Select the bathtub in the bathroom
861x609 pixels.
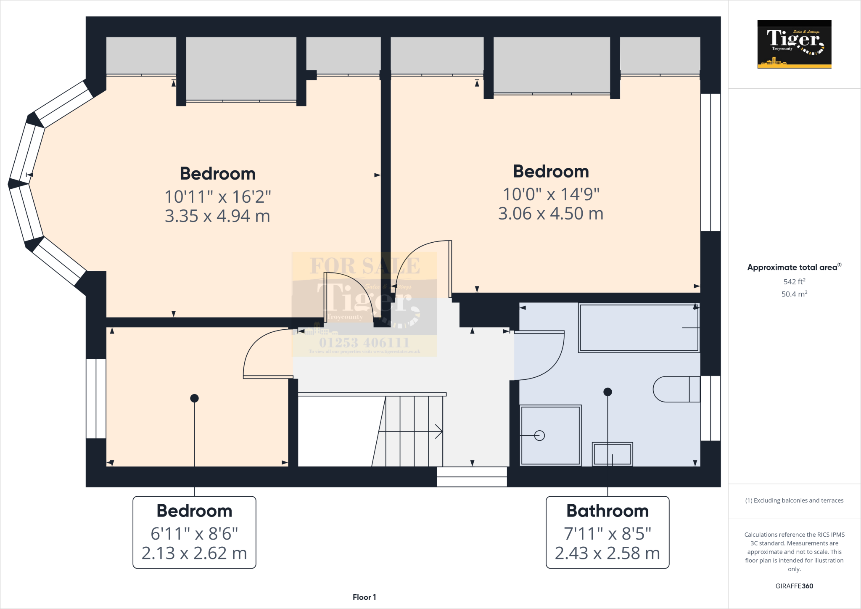point(638,328)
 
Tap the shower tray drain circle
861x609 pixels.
point(539,435)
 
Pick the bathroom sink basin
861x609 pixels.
point(612,454)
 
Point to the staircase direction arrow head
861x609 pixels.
point(439,432)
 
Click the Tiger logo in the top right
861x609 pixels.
point(794,44)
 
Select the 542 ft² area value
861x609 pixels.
point(794,282)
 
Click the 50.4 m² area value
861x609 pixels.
point(794,294)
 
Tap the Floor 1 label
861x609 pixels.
point(364,597)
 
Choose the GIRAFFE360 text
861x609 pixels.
point(794,586)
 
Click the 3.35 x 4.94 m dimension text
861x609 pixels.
point(217,216)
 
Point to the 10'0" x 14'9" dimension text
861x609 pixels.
point(551,194)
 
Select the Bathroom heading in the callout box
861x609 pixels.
point(607,511)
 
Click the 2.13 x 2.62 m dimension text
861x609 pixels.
point(194,553)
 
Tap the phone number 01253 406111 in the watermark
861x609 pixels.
point(364,342)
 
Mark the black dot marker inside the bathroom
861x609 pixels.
point(607,392)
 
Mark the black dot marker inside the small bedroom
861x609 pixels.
point(194,398)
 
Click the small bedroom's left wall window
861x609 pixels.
point(96,399)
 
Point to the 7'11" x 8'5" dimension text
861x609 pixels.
point(607,534)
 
